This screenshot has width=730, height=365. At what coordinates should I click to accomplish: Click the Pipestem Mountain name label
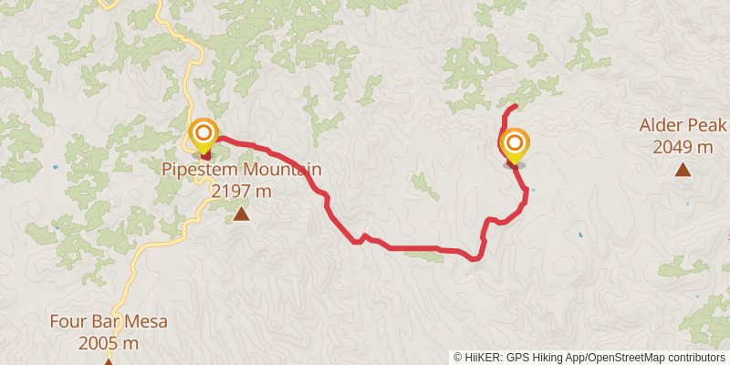(242, 170)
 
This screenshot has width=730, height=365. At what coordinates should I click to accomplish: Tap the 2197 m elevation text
(242, 191)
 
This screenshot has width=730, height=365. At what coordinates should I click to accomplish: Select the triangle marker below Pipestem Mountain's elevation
(241, 214)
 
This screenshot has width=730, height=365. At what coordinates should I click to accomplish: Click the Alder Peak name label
(683, 125)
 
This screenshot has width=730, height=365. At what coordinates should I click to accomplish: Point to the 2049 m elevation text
(683, 146)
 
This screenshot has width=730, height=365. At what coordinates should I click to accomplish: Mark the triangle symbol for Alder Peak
(682, 169)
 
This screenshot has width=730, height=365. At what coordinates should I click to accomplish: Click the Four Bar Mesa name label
(108, 322)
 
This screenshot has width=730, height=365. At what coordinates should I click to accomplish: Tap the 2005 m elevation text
(108, 343)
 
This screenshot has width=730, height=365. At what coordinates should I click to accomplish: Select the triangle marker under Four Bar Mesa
(108, 361)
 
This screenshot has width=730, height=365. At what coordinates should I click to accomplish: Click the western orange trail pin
(203, 135)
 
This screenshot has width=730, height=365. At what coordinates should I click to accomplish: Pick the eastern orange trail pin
(515, 145)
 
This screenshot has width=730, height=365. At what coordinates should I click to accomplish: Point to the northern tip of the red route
(516, 107)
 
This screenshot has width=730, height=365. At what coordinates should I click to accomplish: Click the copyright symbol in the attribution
(458, 357)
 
